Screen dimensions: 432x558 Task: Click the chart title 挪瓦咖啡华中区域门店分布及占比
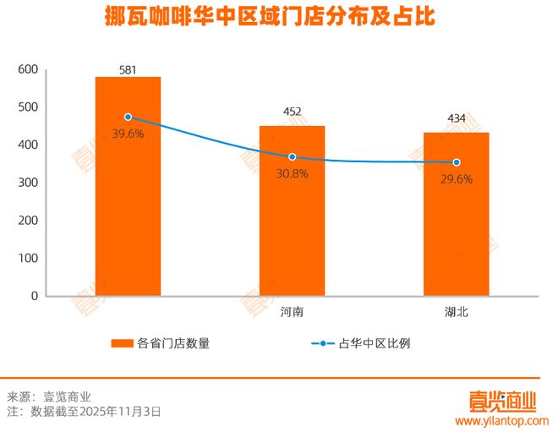tap(278, 17)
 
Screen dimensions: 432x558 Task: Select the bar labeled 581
tap(128, 186)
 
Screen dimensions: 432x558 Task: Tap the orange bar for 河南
tap(292, 211)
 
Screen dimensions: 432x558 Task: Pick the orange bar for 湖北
tap(456, 215)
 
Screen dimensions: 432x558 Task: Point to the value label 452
tap(292, 112)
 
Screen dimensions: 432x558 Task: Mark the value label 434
tap(456, 118)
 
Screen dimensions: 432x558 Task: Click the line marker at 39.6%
tap(128, 117)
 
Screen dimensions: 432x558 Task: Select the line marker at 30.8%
tap(292, 157)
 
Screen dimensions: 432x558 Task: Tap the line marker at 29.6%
tap(456, 162)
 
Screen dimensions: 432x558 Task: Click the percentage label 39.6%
tap(128, 134)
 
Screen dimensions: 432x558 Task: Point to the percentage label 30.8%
tap(292, 174)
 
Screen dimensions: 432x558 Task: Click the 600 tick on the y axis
tap(28, 69)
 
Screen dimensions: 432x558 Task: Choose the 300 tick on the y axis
tap(28, 183)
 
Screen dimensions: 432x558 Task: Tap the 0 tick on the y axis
tap(35, 296)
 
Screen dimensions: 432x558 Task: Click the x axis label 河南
tap(292, 312)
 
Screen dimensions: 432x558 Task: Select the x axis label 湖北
tap(456, 312)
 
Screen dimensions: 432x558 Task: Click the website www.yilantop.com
tap(502, 420)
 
